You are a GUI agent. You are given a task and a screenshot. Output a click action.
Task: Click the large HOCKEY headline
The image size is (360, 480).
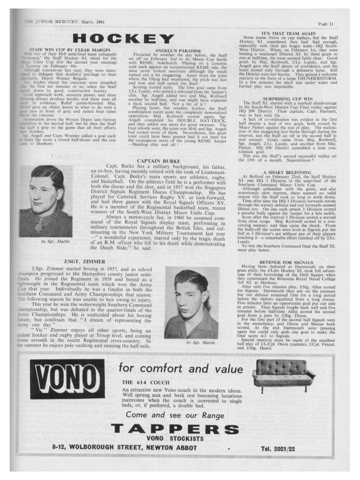(123, 39)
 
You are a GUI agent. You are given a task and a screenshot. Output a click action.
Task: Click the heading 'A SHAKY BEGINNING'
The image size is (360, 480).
(287, 172)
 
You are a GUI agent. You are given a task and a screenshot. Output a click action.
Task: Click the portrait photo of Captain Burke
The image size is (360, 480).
(46, 201)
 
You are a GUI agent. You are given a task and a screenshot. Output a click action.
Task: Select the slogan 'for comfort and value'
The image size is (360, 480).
(181, 369)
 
